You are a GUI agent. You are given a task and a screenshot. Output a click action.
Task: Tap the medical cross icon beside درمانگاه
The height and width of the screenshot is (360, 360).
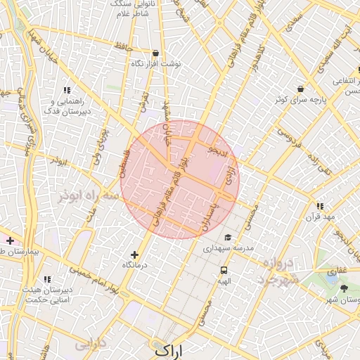point(135,255)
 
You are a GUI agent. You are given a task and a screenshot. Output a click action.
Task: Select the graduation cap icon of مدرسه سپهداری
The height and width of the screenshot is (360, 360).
point(227,238)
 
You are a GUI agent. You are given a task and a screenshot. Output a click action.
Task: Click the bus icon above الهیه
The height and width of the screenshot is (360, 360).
point(224,270)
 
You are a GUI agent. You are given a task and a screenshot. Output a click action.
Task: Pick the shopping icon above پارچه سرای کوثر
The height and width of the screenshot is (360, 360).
point(301,89)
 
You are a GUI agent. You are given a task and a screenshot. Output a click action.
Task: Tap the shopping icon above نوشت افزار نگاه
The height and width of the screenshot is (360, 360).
point(155,53)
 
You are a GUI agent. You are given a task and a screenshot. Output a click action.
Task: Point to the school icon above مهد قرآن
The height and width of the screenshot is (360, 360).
point(320,206)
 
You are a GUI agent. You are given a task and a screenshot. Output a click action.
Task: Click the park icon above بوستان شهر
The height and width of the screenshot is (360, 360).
point(344,288)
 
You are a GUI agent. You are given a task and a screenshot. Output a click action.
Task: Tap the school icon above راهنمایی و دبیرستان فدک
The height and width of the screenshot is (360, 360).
point(67,90)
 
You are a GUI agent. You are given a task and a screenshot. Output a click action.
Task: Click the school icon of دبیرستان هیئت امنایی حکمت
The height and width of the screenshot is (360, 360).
point(47,280)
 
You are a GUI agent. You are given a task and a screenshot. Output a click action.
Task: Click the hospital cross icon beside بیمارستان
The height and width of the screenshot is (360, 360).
point(10,240)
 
